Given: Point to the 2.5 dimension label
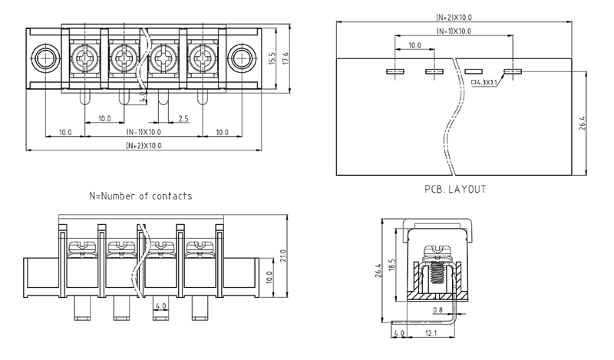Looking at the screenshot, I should point(183,119).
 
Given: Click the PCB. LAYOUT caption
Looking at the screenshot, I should point(455,188).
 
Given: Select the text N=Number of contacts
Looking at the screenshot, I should point(140,196).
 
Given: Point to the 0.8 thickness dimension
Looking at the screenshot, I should point(437,310).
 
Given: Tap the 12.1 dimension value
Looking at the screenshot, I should point(430,334).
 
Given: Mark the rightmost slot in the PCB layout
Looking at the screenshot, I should point(513,71).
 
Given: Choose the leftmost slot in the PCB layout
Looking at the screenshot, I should point(394,71).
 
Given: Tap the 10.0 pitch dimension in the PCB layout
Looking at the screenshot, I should point(414,46).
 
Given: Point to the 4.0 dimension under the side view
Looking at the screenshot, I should point(398,334).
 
